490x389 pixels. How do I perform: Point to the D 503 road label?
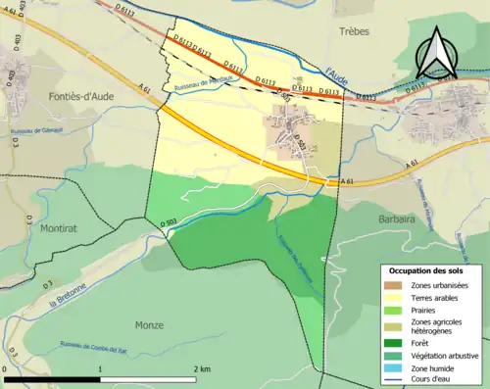[x=168, y=224]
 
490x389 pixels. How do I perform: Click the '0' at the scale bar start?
[x=6, y=368]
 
